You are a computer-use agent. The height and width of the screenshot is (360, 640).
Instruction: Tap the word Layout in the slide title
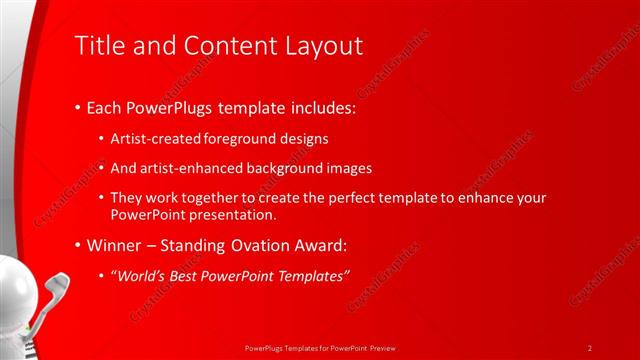point(326,46)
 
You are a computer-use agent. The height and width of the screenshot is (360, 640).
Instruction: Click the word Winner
point(116,246)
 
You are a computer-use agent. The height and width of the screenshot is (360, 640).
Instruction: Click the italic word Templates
point(315,275)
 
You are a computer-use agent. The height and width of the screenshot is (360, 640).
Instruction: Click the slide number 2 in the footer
point(590,347)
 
